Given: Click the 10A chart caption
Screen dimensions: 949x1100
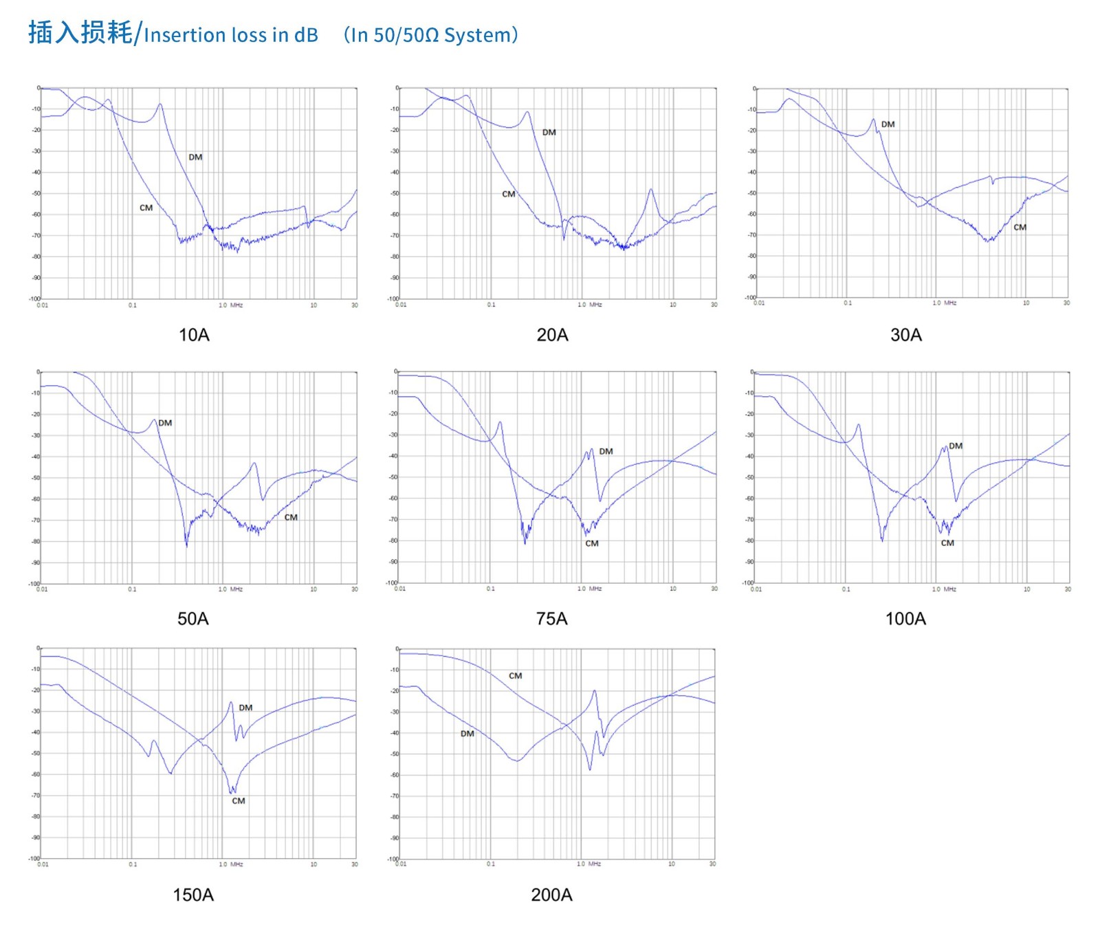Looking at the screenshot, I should tap(194, 335).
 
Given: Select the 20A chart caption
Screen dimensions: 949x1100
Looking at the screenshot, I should tap(552, 335).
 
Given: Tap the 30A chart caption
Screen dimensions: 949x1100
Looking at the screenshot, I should tap(905, 335).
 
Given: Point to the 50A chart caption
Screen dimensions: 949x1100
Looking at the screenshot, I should tap(193, 618).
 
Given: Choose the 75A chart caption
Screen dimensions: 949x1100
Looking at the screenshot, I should tap(551, 618).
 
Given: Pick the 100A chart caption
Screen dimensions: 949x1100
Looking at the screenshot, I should tap(905, 618).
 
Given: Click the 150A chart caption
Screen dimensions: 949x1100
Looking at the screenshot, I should tap(193, 895).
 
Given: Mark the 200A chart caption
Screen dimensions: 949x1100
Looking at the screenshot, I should tap(551, 895).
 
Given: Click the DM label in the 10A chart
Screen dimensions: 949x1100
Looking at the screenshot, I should tap(195, 157).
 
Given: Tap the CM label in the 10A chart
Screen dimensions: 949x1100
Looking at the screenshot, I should tap(146, 208).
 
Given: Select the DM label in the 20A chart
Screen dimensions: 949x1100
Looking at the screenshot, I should tap(549, 133).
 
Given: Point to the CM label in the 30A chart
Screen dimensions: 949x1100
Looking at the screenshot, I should tap(1020, 228).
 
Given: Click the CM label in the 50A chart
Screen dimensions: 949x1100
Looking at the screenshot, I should tap(291, 518).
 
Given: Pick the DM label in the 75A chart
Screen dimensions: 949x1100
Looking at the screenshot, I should tap(606, 452).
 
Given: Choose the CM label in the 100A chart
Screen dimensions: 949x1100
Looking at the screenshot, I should tap(947, 543).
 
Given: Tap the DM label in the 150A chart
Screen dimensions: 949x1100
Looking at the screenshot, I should tap(245, 708).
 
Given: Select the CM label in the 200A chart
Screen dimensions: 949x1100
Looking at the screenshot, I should tap(515, 676).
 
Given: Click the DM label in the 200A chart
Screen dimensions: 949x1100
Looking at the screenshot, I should tap(467, 734).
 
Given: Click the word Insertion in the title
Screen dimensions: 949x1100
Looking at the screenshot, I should tap(184, 35).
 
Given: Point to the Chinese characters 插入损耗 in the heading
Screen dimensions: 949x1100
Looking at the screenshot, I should tap(80, 32).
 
